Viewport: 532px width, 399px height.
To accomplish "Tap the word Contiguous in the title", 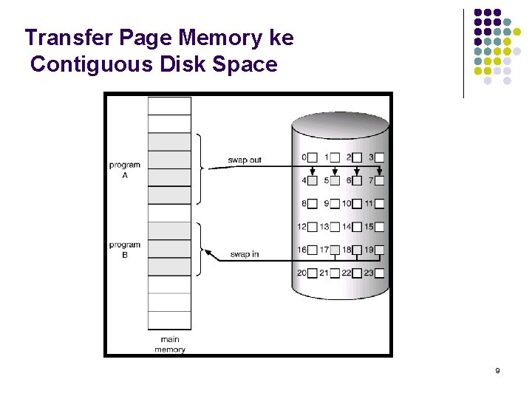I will [x=91, y=64].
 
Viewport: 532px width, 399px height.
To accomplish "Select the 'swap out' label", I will [x=244, y=160].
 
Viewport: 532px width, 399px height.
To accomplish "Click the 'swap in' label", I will [x=244, y=254].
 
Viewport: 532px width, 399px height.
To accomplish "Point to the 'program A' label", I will [x=124, y=170].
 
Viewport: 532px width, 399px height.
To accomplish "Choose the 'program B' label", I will [x=124, y=250].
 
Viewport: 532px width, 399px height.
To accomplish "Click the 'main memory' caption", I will [x=170, y=345].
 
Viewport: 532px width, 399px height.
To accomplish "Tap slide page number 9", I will [x=497, y=370].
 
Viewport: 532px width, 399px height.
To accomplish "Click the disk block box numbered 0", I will [x=313, y=157].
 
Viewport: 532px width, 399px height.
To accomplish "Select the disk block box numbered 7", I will [x=379, y=180].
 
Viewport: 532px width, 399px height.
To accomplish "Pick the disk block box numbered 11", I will [x=379, y=204].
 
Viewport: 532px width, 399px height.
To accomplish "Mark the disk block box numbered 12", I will [x=313, y=227].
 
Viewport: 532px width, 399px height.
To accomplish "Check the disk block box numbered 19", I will [x=379, y=250].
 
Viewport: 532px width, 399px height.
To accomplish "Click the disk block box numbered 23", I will [x=379, y=273].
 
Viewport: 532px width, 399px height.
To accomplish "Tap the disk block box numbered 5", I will [x=335, y=180].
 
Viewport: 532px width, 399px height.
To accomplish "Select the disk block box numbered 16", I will [x=313, y=250].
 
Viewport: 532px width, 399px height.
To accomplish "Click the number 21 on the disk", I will [x=324, y=273].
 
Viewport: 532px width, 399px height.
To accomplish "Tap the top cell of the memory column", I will [x=169, y=106].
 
